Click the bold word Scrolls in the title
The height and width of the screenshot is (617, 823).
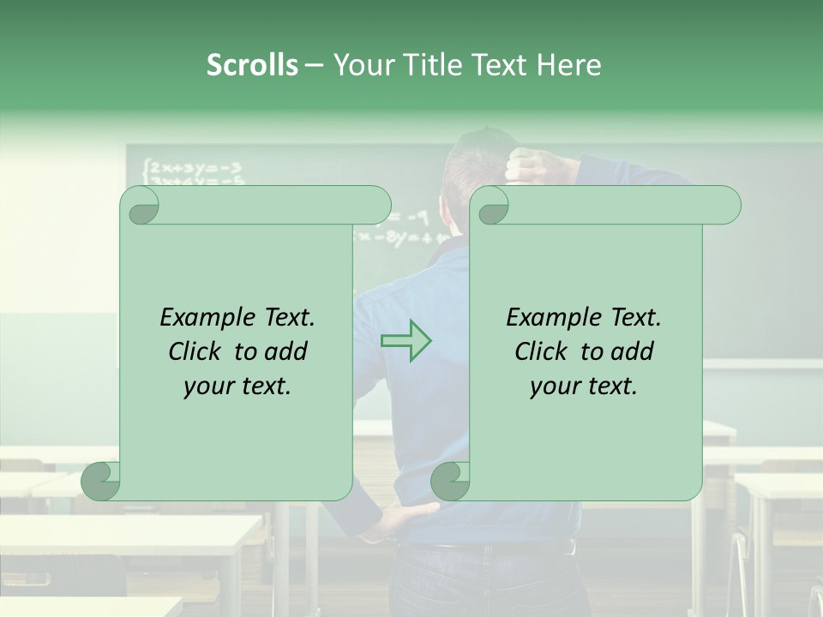point(252,64)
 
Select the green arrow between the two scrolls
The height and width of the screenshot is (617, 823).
point(405,340)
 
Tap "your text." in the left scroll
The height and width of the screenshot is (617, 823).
point(237,386)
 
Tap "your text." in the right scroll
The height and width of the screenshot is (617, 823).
point(584,386)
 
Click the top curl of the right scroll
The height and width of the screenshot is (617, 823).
point(492,206)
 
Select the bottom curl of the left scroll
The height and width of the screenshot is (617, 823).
point(101,481)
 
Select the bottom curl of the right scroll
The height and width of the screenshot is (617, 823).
point(450,481)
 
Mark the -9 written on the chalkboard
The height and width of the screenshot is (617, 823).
point(418,218)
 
